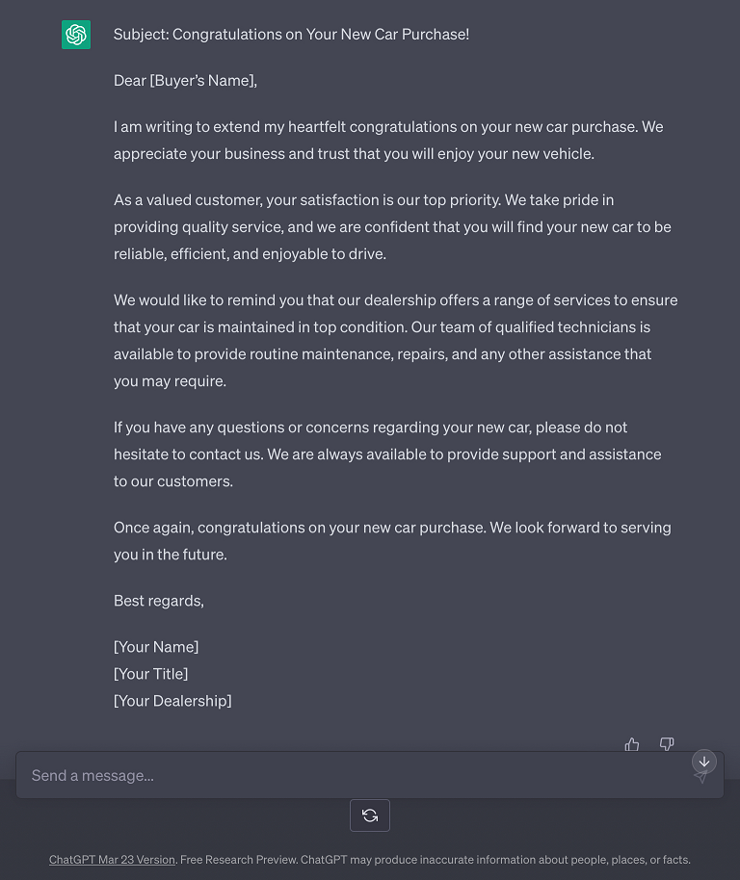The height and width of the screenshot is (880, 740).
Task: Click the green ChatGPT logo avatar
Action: pyautogui.click(x=76, y=35)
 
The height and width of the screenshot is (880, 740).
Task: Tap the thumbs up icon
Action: pyautogui.click(x=632, y=744)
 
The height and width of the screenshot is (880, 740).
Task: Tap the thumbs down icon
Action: pyautogui.click(x=667, y=744)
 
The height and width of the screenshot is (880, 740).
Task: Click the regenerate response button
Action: pyautogui.click(x=370, y=815)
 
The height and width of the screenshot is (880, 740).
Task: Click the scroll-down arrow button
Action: pyautogui.click(x=704, y=762)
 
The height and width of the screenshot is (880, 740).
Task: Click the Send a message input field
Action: pyautogui.click(x=347, y=775)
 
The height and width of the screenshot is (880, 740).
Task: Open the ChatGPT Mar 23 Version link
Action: pyautogui.click(x=112, y=860)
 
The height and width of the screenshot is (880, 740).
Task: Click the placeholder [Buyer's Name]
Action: pyautogui.click(x=202, y=81)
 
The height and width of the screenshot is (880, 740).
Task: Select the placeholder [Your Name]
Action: pyautogui.click(x=156, y=647)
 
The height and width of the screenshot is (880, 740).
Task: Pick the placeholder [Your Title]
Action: pyautogui.click(x=150, y=674)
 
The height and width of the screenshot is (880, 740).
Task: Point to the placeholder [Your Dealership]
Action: pyautogui.click(x=172, y=701)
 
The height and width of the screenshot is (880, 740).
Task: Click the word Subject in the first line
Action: pyautogui.click(x=140, y=35)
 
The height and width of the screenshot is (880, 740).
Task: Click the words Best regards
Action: pyautogui.click(x=158, y=601)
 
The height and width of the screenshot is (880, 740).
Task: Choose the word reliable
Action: pyautogui.click(x=140, y=254)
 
